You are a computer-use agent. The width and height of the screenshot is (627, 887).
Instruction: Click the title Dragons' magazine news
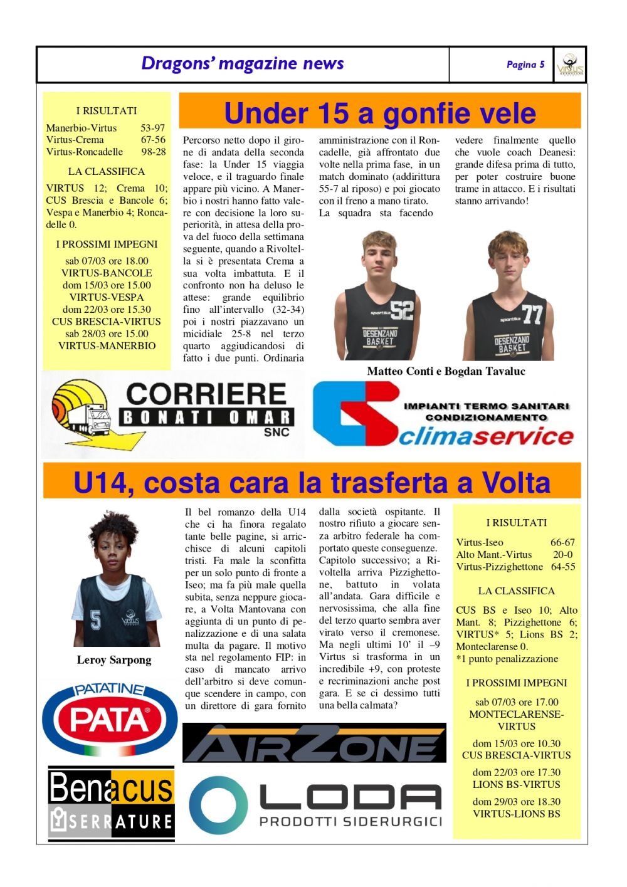point(242,64)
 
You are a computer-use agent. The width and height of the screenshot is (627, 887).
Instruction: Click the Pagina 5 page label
point(525,65)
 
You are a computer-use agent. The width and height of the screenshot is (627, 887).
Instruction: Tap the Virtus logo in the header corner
point(570,65)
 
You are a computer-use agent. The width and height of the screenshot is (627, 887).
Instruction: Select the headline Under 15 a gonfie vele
point(379,113)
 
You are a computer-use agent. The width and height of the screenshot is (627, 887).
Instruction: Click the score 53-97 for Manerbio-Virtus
point(152,128)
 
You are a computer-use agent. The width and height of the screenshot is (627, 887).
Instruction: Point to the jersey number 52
point(401,310)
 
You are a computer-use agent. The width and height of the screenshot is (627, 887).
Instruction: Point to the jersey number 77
point(532,314)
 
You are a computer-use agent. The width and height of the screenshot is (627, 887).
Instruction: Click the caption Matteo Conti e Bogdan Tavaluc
point(446,371)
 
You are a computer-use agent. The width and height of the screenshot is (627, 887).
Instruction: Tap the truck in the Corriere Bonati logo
point(87,419)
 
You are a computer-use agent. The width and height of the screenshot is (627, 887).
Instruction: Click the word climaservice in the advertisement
point(486,436)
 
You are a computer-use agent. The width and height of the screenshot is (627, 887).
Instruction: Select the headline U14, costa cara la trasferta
point(312,483)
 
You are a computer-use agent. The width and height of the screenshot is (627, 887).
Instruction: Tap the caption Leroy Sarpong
point(113,660)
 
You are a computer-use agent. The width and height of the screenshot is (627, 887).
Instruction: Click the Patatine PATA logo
point(110,718)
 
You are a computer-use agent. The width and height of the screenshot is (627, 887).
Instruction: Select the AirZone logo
point(314,743)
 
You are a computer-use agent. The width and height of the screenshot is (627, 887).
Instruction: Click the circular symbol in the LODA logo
point(219,805)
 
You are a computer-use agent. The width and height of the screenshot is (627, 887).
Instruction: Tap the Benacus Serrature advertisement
point(111,804)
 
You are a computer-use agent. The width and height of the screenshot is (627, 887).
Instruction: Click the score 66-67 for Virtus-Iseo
point(562,543)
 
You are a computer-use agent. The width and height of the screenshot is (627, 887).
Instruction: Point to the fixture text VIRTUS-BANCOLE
point(107,273)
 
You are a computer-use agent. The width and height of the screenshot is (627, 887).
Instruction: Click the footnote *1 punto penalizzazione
point(507,659)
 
